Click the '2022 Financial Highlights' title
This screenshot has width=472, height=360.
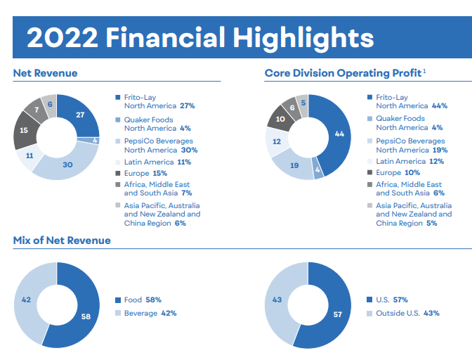(199, 37)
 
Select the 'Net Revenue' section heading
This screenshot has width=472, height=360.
(45, 73)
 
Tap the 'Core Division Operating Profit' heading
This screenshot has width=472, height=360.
(344, 73)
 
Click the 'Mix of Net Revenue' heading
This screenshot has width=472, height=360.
(62, 240)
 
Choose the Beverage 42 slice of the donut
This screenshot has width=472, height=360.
(26, 300)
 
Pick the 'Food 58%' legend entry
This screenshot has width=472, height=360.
(143, 300)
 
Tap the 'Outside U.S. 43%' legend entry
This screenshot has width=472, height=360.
(407, 313)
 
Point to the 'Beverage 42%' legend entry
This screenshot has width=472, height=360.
(150, 313)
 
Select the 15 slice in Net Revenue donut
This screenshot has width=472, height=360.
(24, 130)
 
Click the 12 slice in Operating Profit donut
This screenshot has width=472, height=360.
(276, 141)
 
